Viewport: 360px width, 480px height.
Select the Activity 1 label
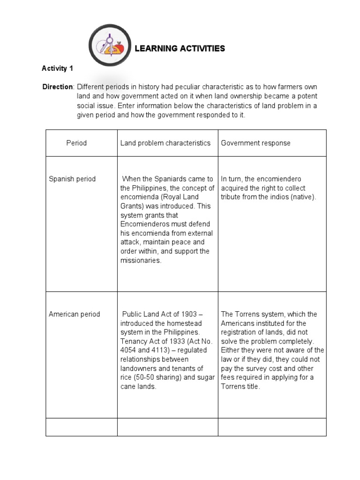click(x=58, y=68)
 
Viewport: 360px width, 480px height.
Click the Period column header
click(x=76, y=143)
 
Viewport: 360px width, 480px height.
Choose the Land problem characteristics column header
click(x=165, y=143)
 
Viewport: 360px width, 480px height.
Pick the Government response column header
click(x=255, y=143)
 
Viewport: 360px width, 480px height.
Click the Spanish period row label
click(x=72, y=179)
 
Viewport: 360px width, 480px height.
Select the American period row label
click(x=75, y=314)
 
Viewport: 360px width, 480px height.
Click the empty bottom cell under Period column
click(x=81, y=427)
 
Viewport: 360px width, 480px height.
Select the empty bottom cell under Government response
click(x=272, y=427)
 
